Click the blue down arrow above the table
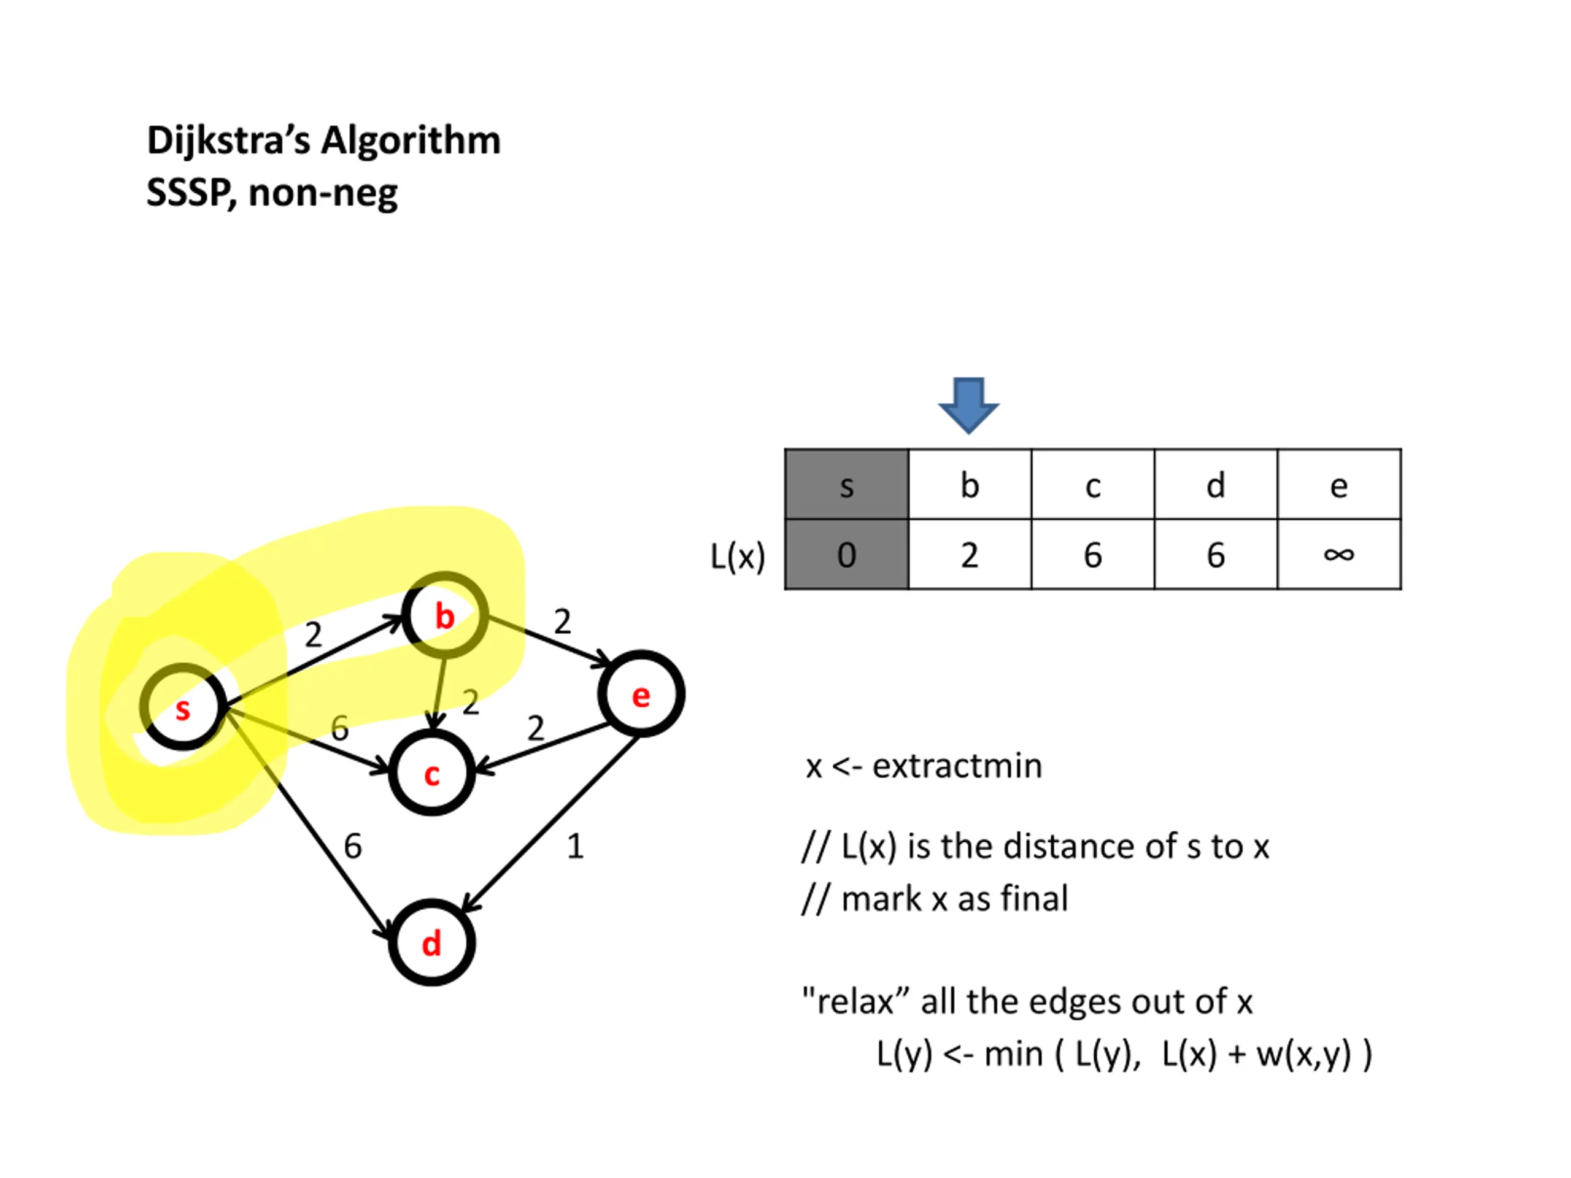969,406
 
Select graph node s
184,707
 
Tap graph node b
446,615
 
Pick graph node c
432,772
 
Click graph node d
432,942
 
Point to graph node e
641,694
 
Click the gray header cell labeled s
847,484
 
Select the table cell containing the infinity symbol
1340,555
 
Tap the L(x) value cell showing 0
847,555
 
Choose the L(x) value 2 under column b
970,555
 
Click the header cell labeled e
1340,484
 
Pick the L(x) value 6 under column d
1216,555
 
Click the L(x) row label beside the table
738,556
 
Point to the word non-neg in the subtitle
323,193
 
